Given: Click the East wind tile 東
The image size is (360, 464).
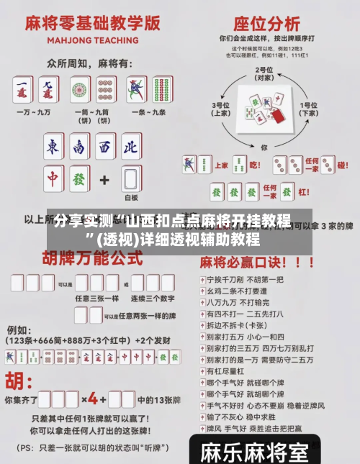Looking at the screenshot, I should coord(53,147).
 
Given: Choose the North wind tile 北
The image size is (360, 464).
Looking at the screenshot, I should coord(130,147).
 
